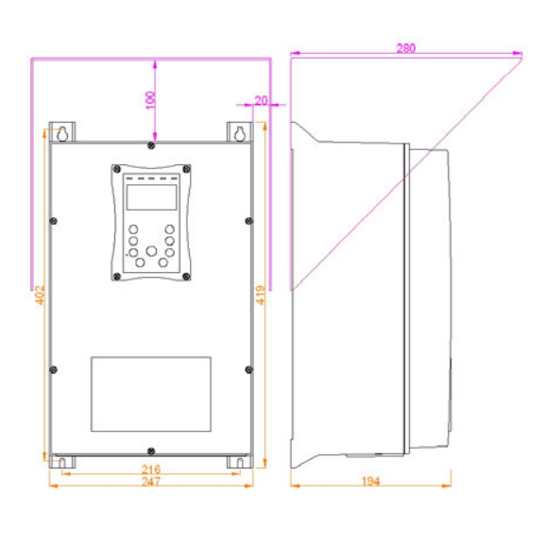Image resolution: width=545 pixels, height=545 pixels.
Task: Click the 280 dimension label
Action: pyautogui.click(x=405, y=48)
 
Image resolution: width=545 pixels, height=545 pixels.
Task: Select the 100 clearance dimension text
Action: pyautogui.click(x=150, y=100)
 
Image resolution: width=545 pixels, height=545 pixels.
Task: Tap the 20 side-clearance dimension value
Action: pyautogui.click(x=261, y=101)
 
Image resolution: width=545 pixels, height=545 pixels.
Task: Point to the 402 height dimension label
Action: pyautogui.click(x=41, y=295)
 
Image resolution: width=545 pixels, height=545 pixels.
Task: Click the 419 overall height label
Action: pyautogui.click(x=261, y=295)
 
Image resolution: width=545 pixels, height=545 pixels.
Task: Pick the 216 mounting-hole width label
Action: pyautogui.click(x=151, y=469)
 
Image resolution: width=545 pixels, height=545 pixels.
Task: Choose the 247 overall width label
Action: pyautogui.click(x=151, y=482)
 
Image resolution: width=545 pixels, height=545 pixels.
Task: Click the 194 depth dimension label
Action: pyautogui.click(x=371, y=482)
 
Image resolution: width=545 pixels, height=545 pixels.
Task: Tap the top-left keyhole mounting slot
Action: pyautogui.click(x=62, y=134)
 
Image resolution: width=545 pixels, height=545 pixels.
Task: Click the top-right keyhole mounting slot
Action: pyautogui.click(x=240, y=134)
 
